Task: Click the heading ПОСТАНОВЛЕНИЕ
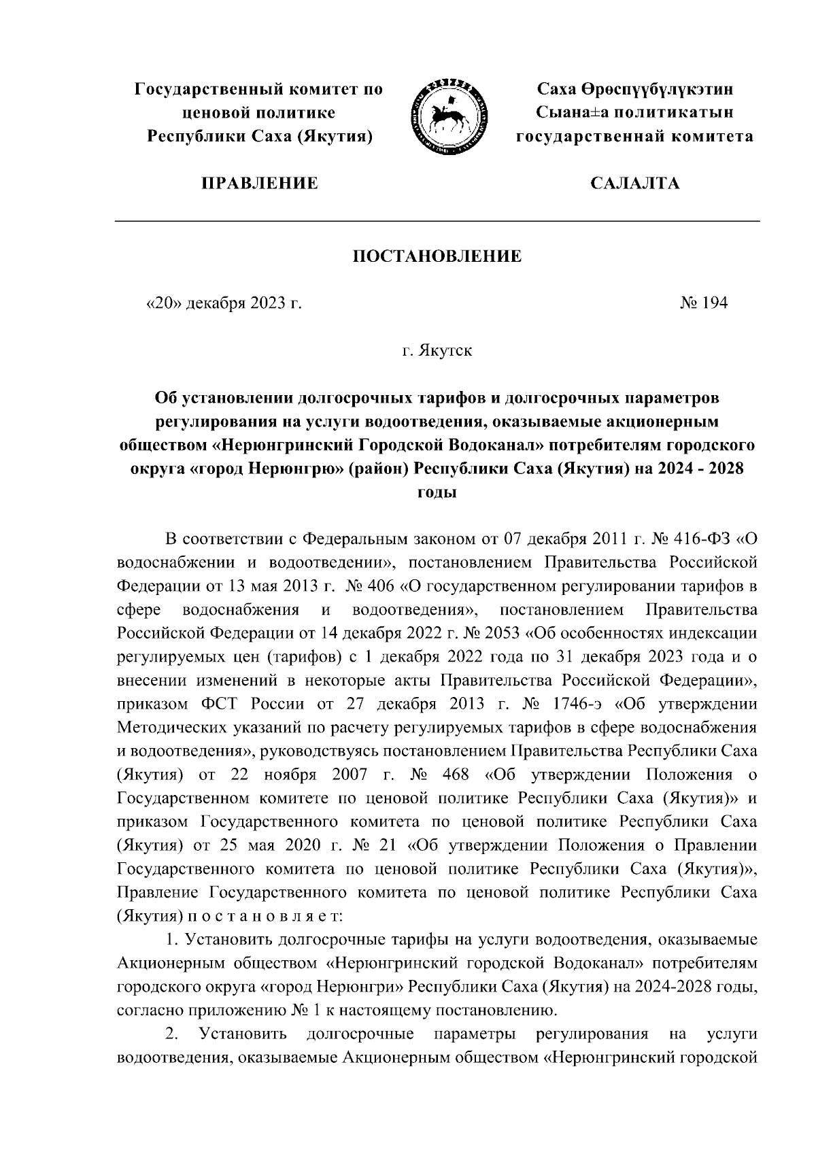pyautogui.click(x=437, y=256)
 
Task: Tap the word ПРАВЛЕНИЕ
pyautogui.click(x=258, y=183)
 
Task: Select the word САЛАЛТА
pyautogui.click(x=634, y=183)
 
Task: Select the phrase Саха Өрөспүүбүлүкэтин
pyautogui.click(x=635, y=89)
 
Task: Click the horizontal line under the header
pyautogui.click(x=436, y=221)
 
